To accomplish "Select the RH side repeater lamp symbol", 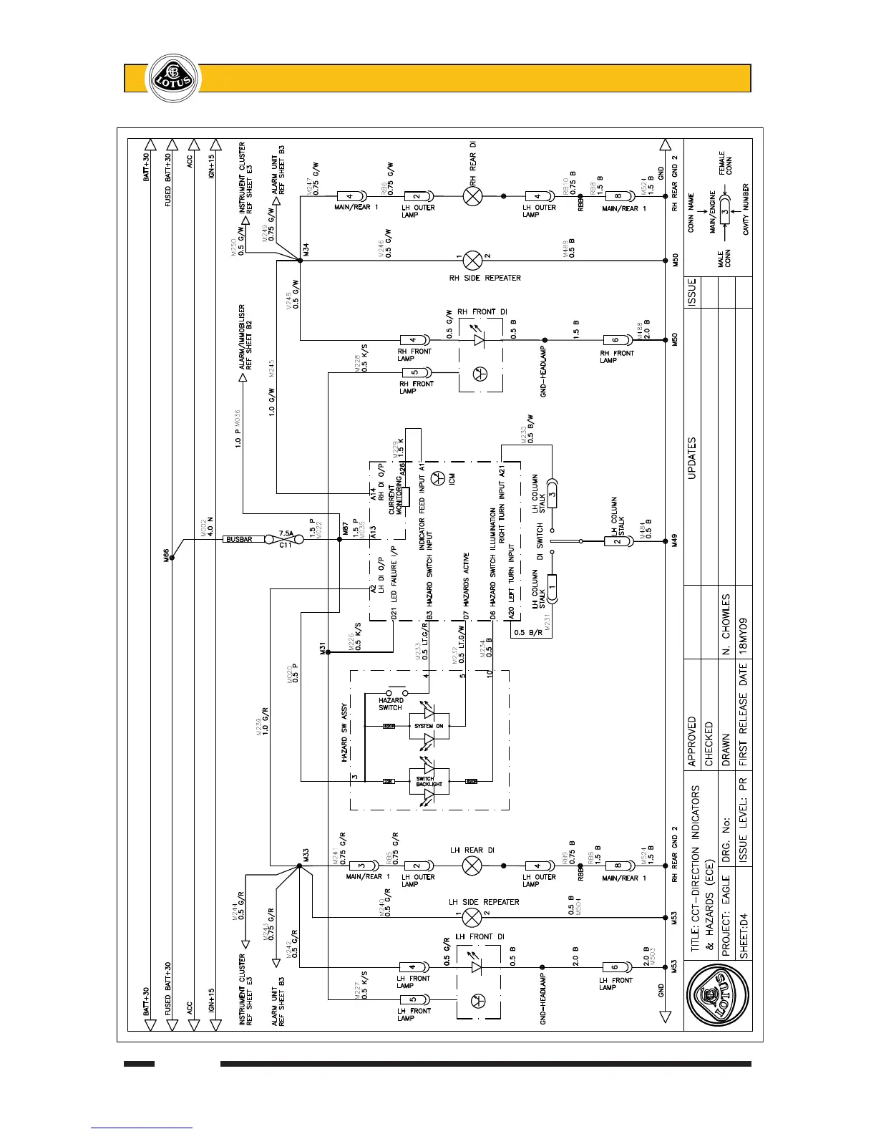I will click(x=472, y=260).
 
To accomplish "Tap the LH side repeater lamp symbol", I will click(x=472, y=917).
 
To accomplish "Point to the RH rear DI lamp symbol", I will click(x=472, y=195).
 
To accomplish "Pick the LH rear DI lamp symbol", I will click(x=472, y=866).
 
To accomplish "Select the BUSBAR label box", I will click(x=240, y=539).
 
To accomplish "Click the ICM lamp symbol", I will click(x=441, y=478).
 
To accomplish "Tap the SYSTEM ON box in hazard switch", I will click(x=429, y=726).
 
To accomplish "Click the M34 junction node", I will click(x=301, y=261).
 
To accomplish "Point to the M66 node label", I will click(x=165, y=555).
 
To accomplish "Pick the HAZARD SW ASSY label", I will click(x=344, y=731).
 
